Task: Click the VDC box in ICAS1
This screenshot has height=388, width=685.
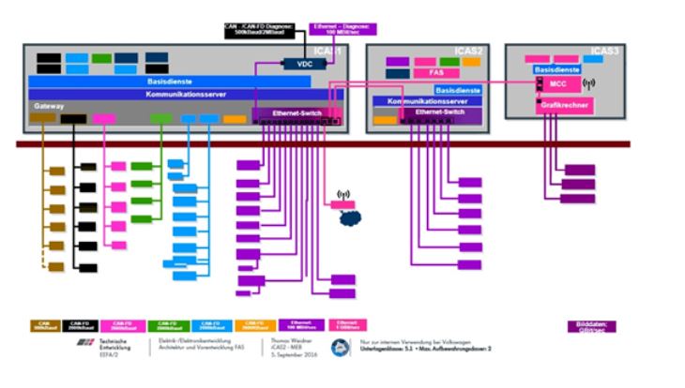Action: coord(302,65)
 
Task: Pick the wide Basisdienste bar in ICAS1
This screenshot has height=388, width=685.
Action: coord(169,82)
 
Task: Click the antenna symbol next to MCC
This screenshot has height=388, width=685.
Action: coord(589,82)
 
